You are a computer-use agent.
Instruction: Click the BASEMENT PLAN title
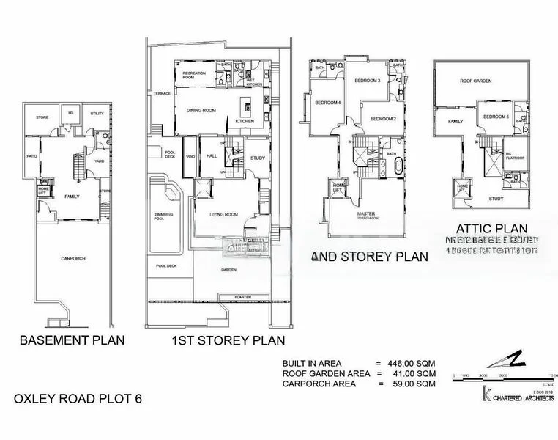[72, 340]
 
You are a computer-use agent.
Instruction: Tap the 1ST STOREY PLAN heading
[228, 341]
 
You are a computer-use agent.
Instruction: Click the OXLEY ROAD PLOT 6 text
[78, 400]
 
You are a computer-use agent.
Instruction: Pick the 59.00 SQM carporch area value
[412, 383]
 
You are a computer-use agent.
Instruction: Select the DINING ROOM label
[202, 110]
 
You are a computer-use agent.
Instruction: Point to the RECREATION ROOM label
[194, 76]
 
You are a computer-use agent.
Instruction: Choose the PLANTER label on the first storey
[243, 297]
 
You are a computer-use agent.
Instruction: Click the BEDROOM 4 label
[328, 103]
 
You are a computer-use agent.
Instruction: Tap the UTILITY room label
[97, 114]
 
